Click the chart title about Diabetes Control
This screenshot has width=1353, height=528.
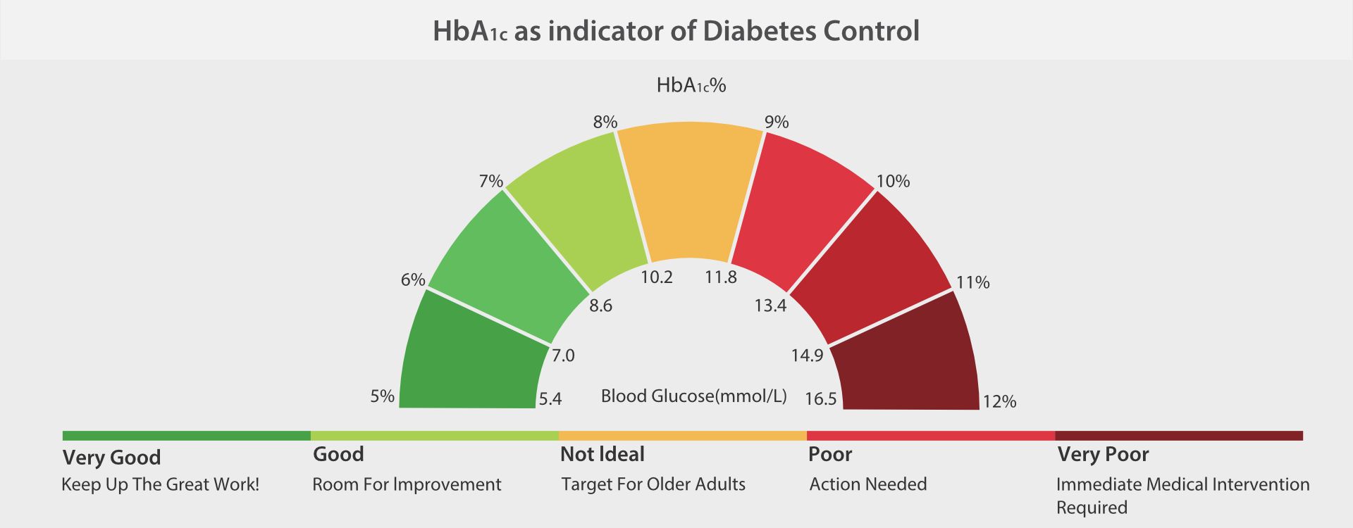click(x=676, y=32)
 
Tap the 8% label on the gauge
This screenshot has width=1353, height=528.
click(x=605, y=122)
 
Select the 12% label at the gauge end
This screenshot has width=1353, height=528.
click(x=999, y=401)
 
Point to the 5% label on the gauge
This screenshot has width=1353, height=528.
click(x=382, y=396)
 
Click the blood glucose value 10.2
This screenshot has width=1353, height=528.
click(x=656, y=277)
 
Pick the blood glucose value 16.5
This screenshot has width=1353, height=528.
click(x=820, y=399)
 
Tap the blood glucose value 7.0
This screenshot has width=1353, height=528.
click(x=562, y=356)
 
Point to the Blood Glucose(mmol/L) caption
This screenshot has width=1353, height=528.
click(x=693, y=396)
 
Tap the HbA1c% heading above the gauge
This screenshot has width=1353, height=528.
click(x=691, y=85)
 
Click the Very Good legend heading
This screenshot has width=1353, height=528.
click(x=111, y=458)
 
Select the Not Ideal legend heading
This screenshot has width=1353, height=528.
click(x=602, y=454)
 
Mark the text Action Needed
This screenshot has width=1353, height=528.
click(x=867, y=484)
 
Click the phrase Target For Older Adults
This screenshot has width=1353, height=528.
click(x=653, y=484)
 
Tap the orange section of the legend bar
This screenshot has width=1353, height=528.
click(x=682, y=436)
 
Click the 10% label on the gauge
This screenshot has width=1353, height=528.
click(x=893, y=181)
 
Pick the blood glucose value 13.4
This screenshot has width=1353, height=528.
click(x=770, y=306)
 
